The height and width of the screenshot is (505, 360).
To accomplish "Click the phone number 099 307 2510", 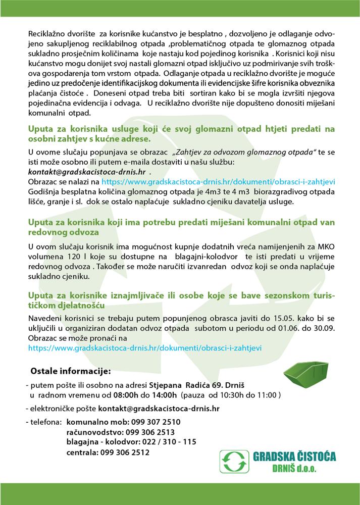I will click(x=156, y=421).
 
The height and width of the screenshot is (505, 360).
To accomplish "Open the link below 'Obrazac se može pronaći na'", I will click(x=146, y=348).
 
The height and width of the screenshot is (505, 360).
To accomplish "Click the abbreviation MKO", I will click(x=324, y=247).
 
